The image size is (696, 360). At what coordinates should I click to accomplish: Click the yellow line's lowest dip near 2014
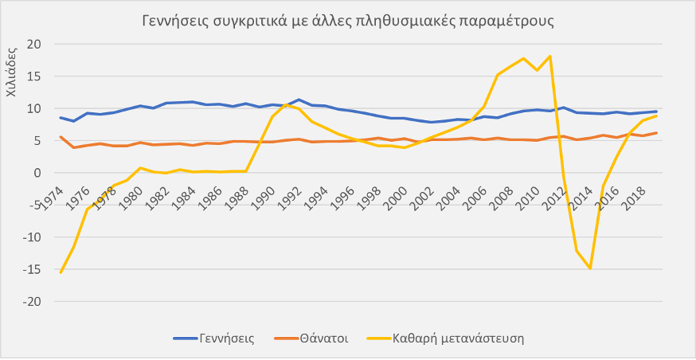pyautogui.click(x=590, y=268)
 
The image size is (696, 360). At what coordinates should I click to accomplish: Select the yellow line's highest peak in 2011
pyautogui.click(x=550, y=56)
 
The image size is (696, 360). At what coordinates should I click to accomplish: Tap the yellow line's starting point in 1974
pyautogui.click(x=61, y=272)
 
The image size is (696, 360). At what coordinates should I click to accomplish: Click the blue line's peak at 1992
pyautogui.click(x=298, y=100)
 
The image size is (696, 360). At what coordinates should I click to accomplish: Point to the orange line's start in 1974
pyautogui.click(x=61, y=137)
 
